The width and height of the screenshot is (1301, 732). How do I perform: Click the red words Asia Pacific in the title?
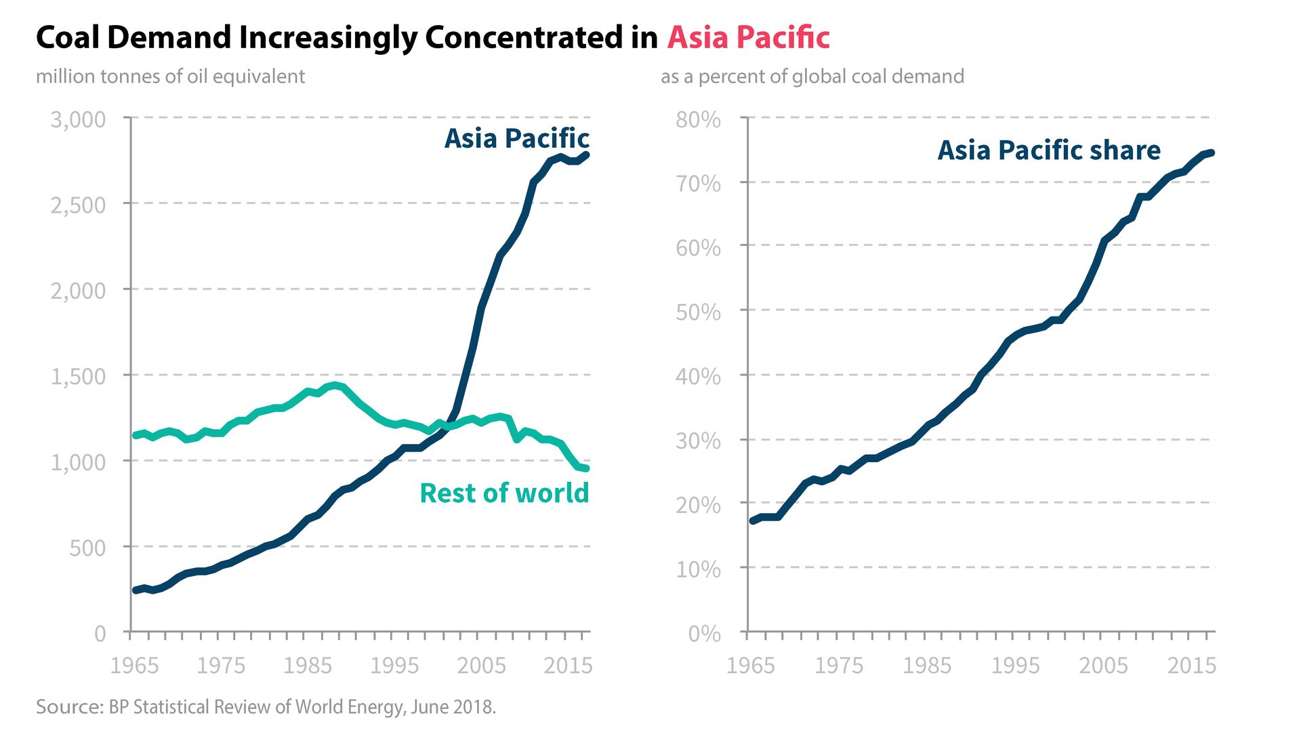pyautogui.click(x=748, y=37)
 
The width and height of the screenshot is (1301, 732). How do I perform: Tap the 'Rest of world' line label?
pyautogui.click(x=504, y=493)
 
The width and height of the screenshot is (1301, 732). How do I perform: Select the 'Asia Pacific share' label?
pyautogui.click(x=1048, y=150)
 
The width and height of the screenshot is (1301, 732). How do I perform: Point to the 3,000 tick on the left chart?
pyautogui.click(x=78, y=119)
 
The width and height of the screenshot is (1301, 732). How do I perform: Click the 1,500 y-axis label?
pyautogui.click(x=78, y=376)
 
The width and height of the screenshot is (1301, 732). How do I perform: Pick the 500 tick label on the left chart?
pyautogui.click(x=87, y=548)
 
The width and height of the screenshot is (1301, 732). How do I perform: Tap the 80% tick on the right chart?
pyautogui.click(x=698, y=119)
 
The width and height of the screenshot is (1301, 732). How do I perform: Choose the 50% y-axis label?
pyautogui.click(x=698, y=312)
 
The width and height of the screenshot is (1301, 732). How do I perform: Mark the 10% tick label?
pyautogui.click(x=698, y=569)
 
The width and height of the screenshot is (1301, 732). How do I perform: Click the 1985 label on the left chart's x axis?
pyautogui.click(x=308, y=666)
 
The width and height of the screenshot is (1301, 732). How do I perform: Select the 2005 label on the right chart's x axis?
pyautogui.click(x=1103, y=666)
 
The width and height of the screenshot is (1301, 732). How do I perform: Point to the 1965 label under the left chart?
pyautogui.click(x=134, y=666)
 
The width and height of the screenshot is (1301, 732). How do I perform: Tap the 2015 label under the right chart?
pyautogui.click(x=1191, y=666)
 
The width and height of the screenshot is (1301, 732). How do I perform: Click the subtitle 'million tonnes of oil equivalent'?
pyautogui.click(x=170, y=76)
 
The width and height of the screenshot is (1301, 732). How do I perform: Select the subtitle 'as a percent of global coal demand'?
pyautogui.click(x=812, y=76)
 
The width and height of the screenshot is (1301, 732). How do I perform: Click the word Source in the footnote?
pyautogui.click(x=68, y=707)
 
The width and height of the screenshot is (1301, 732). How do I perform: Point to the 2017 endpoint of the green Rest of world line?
pyautogui.click(x=586, y=468)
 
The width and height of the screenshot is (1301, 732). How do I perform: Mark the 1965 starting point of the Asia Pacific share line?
pyautogui.click(x=752, y=521)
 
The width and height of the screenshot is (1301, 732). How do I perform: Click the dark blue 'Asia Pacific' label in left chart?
pyautogui.click(x=516, y=138)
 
